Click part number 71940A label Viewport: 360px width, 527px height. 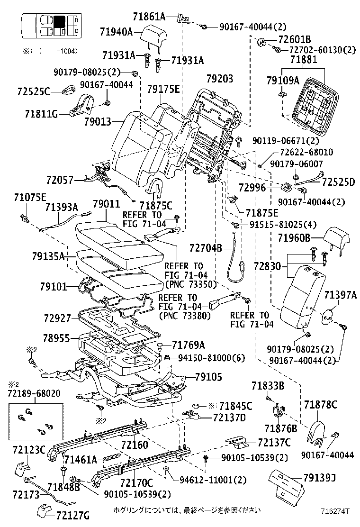116,32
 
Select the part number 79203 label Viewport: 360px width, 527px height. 220,79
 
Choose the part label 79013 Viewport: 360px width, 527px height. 98,122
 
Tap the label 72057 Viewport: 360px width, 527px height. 60,180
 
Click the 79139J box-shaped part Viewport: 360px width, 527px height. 286,484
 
